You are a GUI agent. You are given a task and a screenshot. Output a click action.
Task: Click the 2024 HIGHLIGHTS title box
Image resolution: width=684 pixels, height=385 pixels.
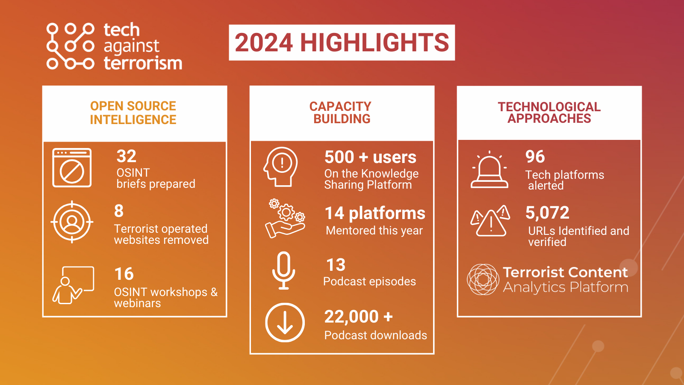point(342,42)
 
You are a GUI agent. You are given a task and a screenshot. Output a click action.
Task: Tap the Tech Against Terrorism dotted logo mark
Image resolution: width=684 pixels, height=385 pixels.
point(70,46)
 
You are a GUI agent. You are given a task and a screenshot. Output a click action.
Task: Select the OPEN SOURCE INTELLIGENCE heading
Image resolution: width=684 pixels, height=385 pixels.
point(133,113)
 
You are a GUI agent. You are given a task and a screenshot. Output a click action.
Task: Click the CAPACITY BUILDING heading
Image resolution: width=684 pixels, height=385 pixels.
point(341,113)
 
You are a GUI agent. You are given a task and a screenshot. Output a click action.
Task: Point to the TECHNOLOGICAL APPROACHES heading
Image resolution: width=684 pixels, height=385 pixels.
point(549,113)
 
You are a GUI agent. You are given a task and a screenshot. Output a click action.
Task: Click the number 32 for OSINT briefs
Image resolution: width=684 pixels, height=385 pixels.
point(127,157)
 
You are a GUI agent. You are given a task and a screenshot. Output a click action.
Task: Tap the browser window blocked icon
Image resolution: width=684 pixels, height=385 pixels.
point(72,168)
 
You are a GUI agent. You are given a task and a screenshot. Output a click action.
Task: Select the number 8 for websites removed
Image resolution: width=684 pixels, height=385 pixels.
point(119,211)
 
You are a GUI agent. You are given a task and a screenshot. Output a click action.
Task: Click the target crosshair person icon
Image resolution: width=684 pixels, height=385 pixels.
point(72,222)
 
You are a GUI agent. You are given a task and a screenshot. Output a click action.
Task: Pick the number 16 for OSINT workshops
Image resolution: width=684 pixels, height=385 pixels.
point(124,274)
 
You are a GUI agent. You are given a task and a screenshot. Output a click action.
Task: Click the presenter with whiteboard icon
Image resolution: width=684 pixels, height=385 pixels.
point(73,285)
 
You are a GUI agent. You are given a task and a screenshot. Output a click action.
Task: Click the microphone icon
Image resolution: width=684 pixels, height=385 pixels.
point(284,270)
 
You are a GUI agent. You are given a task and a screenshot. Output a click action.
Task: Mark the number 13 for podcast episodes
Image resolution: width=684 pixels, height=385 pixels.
point(336,265)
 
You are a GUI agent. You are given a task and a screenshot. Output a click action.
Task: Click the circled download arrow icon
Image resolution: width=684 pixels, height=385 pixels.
point(285,323)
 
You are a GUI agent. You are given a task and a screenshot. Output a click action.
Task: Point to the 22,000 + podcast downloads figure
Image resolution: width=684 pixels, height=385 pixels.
point(358,317)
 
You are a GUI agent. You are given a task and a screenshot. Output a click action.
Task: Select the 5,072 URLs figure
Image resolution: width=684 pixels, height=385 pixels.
point(547,213)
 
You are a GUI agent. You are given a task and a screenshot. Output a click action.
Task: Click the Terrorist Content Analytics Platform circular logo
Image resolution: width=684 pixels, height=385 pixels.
point(483,280)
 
